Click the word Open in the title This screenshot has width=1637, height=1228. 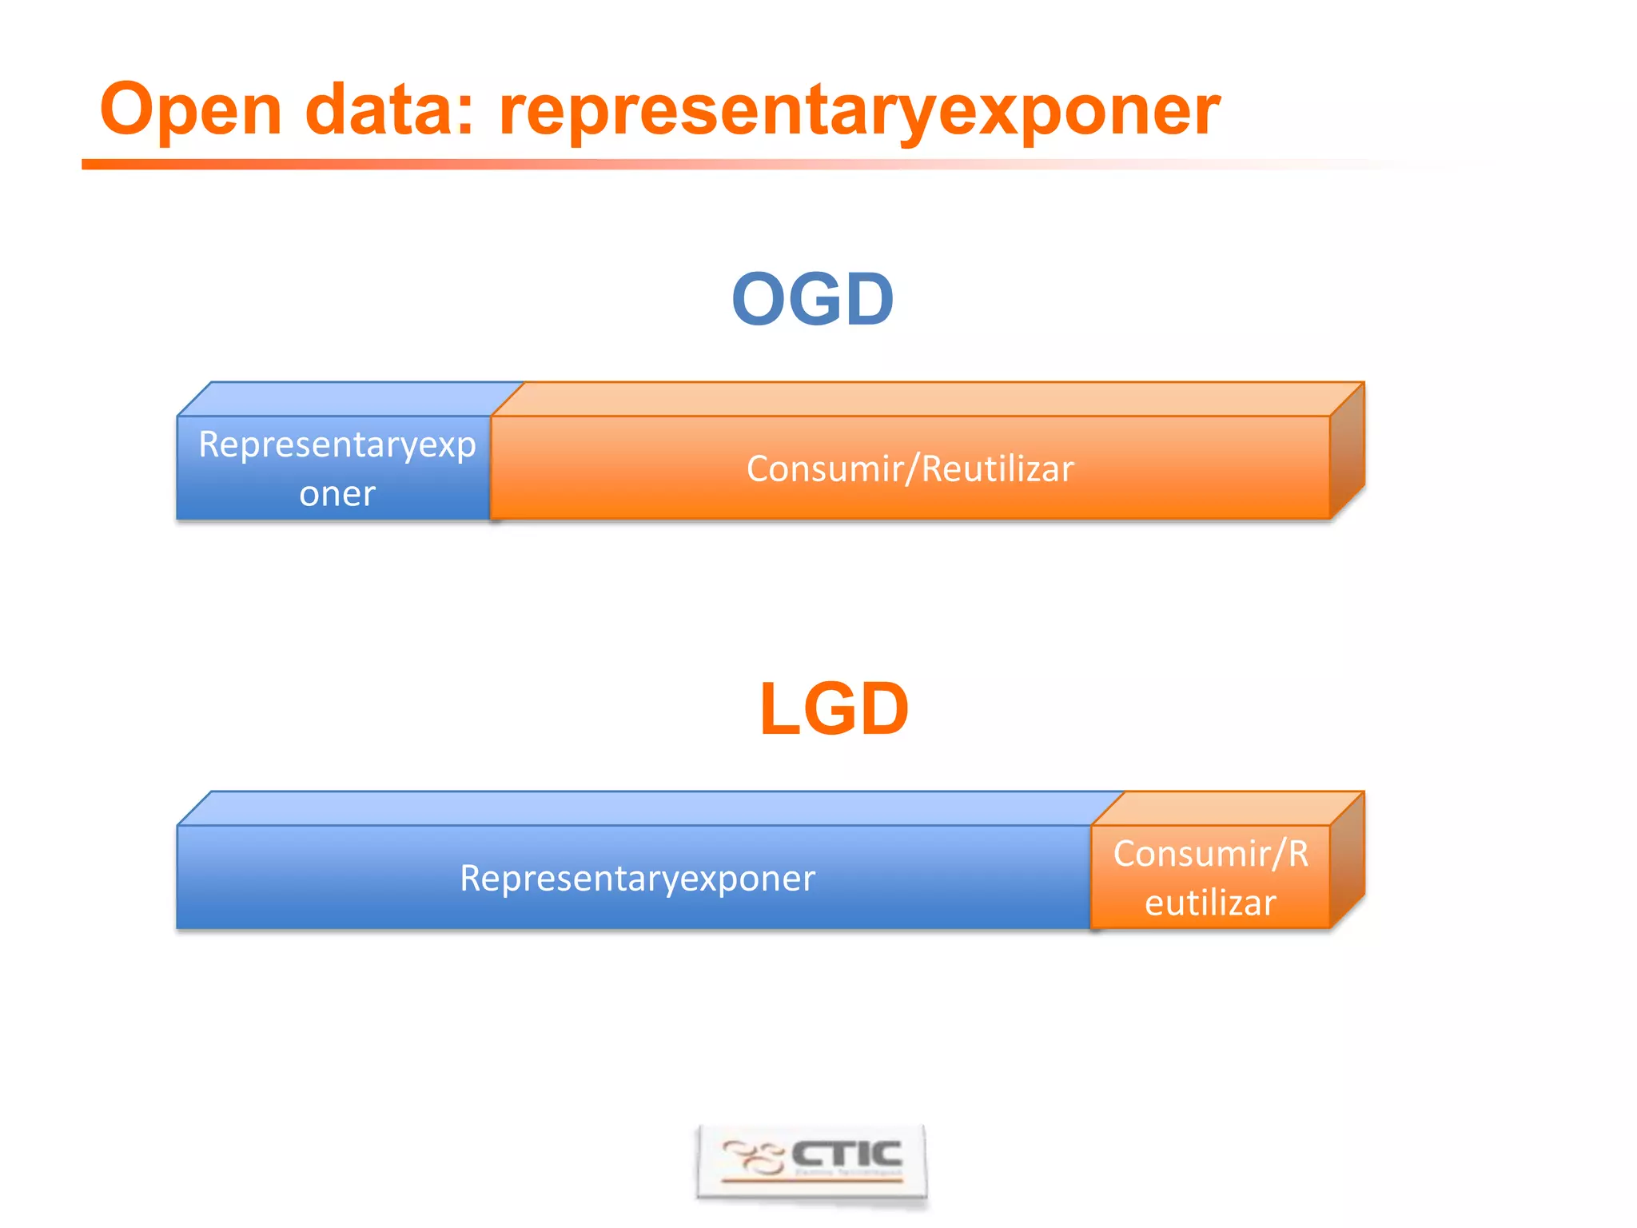coord(190,110)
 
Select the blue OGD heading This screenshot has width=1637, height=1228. coord(812,299)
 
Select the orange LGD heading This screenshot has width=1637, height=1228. coord(834,708)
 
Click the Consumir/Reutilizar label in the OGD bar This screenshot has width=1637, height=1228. coord(910,468)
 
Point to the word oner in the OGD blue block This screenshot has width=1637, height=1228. coord(337,494)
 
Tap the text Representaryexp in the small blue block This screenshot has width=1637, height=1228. coord(337,445)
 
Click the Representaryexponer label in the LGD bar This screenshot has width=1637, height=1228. coord(637,878)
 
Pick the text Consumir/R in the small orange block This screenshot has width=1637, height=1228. coord(1210,854)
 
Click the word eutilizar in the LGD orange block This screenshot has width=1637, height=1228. coord(1210,903)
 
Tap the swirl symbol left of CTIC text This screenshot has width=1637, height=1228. coord(751,1158)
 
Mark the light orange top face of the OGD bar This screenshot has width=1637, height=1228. coord(927,399)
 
